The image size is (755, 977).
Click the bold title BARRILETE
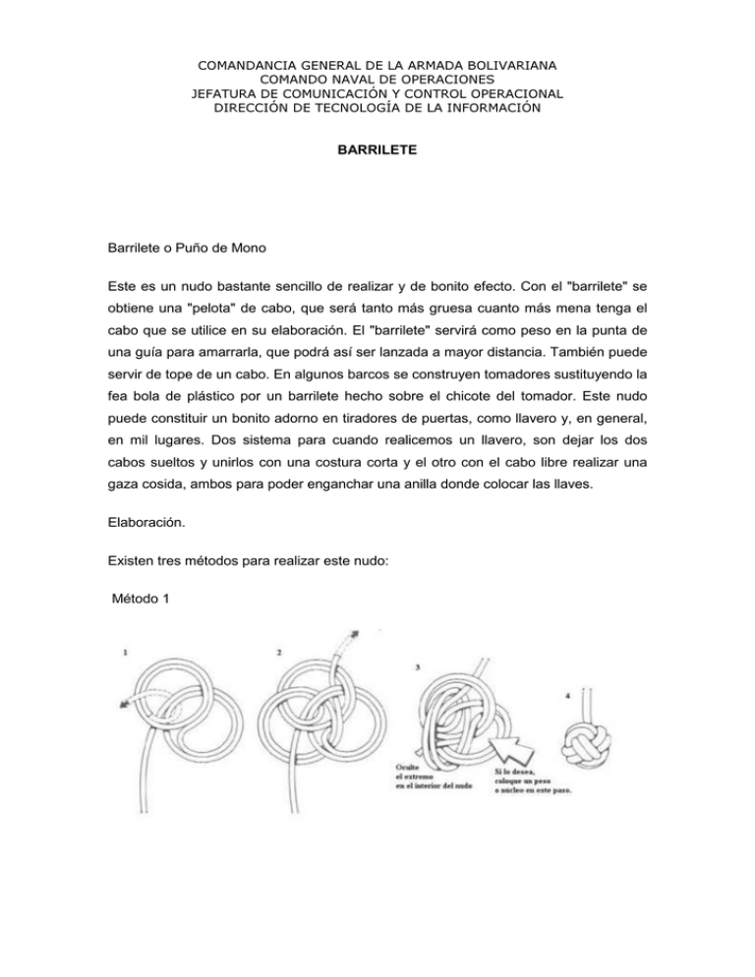click(377, 153)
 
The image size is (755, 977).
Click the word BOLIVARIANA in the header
click(498, 66)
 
